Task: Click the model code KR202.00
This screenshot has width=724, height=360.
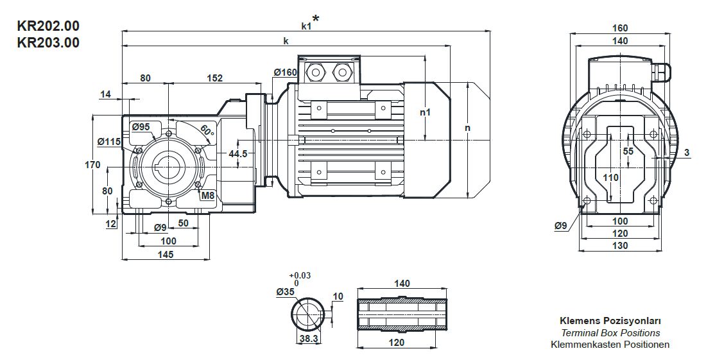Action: (48, 28)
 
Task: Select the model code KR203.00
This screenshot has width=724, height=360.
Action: (48, 43)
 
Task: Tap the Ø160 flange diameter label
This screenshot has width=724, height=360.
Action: (285, 73)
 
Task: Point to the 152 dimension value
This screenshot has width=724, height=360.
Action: (214, 78)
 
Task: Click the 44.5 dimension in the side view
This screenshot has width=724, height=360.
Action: (238, 154)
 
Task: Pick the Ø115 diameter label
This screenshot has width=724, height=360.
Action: (108, 141)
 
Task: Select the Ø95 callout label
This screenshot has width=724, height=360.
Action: (141, 127)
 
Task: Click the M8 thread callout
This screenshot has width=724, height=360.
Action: (207, 196)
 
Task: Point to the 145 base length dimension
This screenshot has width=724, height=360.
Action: (166, 255)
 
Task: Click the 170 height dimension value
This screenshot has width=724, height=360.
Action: (92, 165)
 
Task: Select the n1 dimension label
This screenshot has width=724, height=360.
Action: (424, 113)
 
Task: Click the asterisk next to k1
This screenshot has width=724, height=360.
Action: (315, 19)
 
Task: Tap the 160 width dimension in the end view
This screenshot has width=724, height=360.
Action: (620, 28)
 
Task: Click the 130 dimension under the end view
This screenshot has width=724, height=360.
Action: (620, 246)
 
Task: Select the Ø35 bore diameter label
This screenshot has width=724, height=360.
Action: (285, 292)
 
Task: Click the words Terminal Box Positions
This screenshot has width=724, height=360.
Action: (610, 333)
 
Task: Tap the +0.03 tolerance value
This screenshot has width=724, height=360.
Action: (300, 275)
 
